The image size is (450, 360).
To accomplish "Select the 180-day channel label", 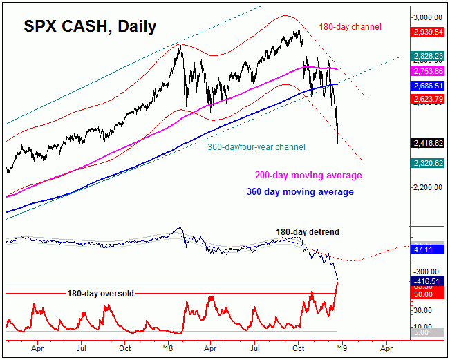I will tap(350, 27).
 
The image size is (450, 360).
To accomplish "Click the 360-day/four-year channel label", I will tap(256, 147).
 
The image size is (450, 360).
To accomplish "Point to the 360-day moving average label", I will tap(299, 191).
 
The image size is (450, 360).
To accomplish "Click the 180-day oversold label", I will tap(100, 293).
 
